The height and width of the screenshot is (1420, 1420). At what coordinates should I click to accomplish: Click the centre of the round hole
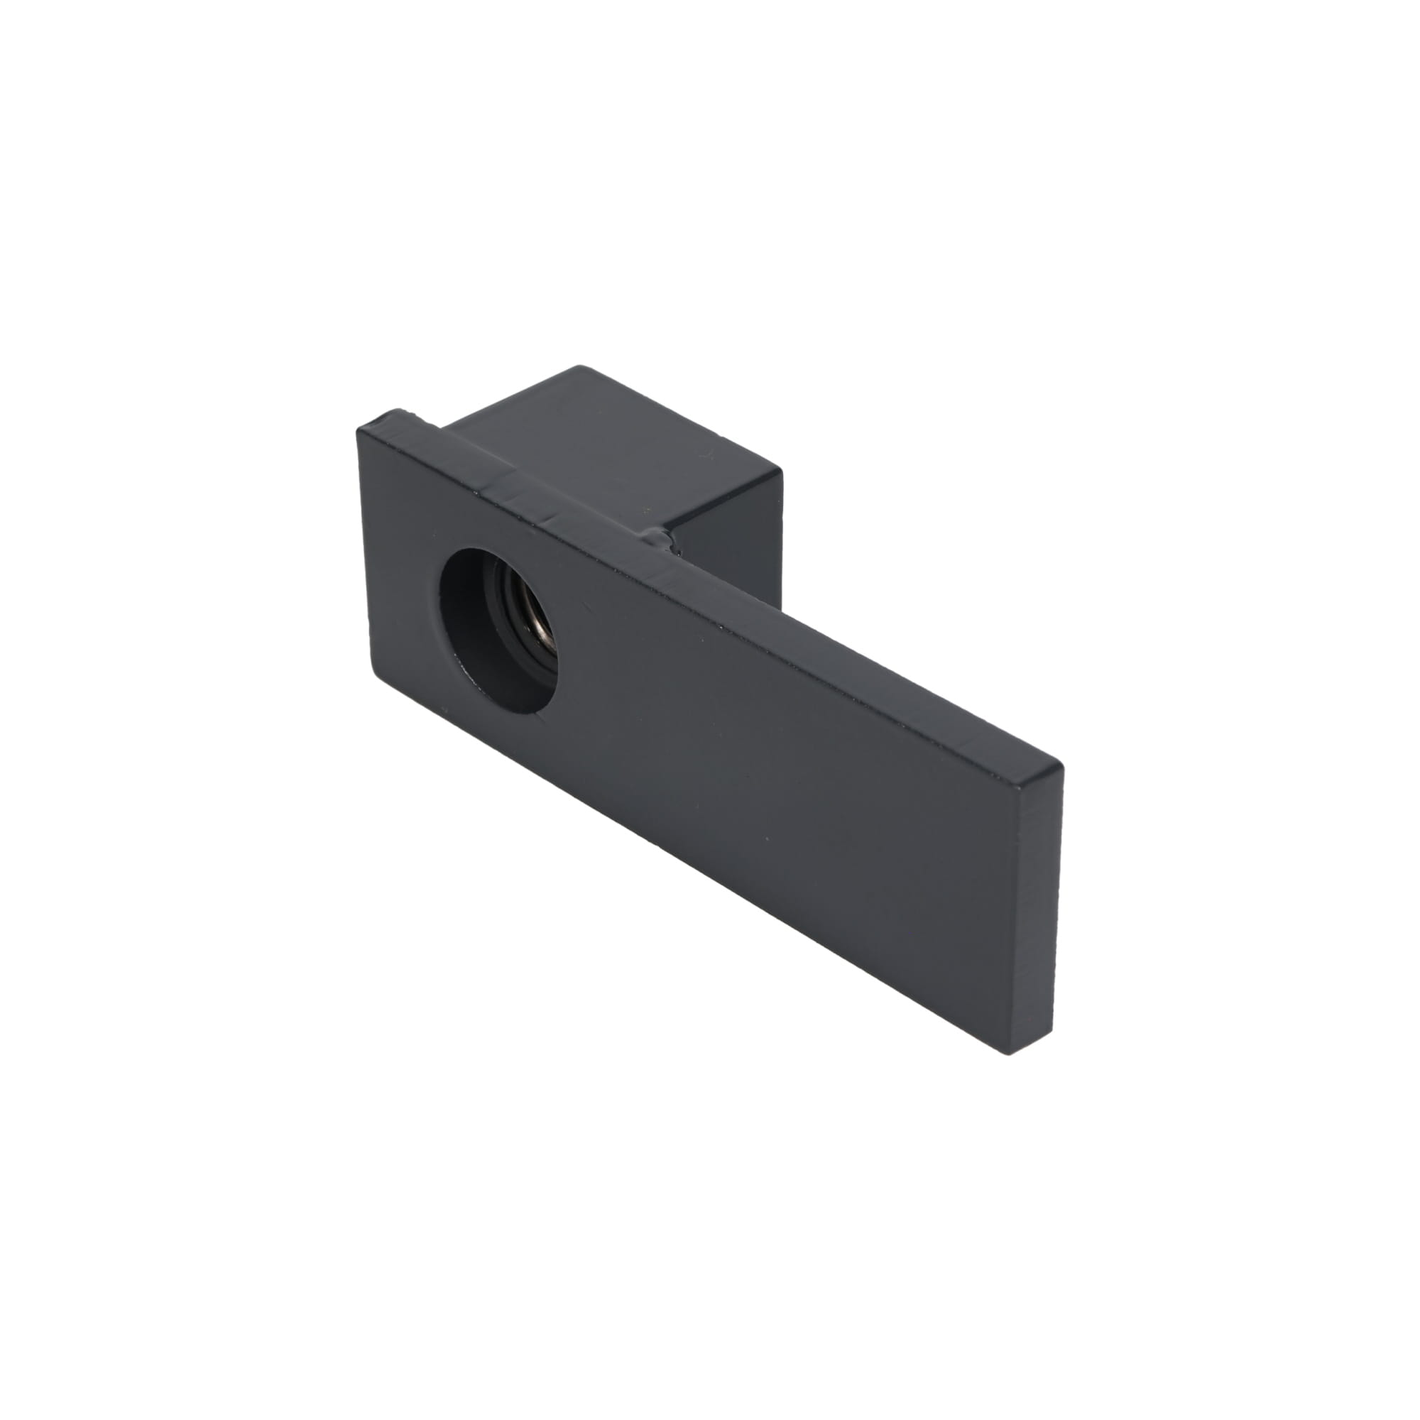498,630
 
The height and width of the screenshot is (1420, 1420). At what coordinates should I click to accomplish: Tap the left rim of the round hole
440,625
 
